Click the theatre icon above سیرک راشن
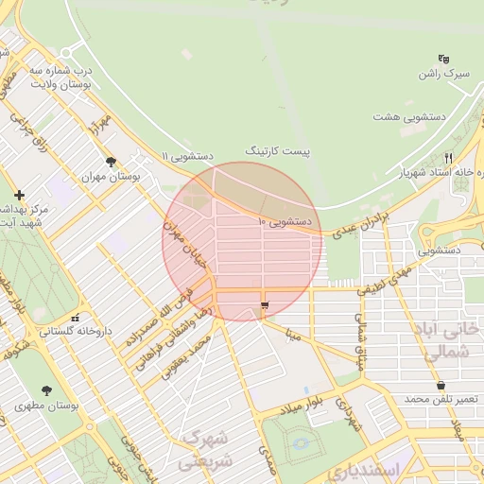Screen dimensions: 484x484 click(x=444, y=59)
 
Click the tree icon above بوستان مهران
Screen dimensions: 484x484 click(x=111, y=162)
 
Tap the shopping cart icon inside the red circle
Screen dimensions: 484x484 click(x=264, y=304)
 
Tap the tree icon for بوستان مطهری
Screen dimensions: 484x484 click(x=47, y=390)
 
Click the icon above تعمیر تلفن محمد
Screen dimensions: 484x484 click(x=441, y=385)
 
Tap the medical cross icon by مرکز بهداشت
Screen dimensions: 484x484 click(x=19, y=194)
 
